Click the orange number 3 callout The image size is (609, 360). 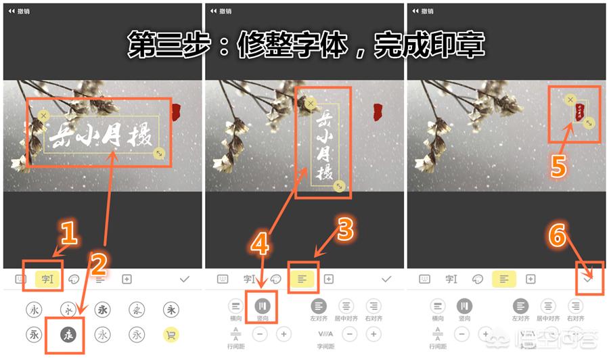click(x=344, y=230)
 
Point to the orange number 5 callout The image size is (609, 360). click(x=558, y=164)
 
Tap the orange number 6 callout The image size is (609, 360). click(x=556, y=235)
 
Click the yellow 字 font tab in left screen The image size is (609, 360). click(x=45, y=279)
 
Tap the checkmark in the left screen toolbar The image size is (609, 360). click(x=185, y=279)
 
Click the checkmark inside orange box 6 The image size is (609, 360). click(x=587, y=279)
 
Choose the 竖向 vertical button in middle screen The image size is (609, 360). click(x=263, y=307)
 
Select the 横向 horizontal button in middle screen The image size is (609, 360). click(x=235, y=307)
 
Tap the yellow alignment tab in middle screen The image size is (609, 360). click(x=301, y=279)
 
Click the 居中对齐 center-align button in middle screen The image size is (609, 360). click(x=346, y=307)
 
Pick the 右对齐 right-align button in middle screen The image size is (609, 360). click(x=373, y=307)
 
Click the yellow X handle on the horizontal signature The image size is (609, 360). click(x=44, y=116)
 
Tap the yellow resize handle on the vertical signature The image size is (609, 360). click(x=339, y=186)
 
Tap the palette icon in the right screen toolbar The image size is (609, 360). click(x=478, y=279)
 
